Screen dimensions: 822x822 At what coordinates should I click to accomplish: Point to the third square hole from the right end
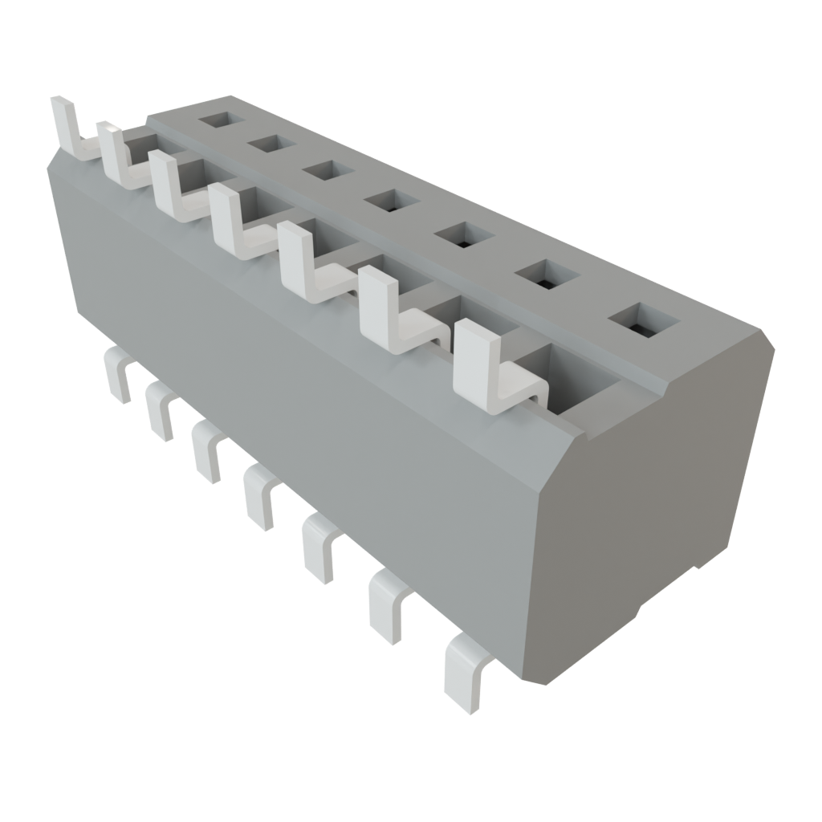click(461, 235)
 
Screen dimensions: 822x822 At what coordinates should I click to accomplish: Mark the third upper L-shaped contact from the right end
click(309, 261)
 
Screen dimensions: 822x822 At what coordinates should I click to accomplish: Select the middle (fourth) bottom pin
click(258, 492)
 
